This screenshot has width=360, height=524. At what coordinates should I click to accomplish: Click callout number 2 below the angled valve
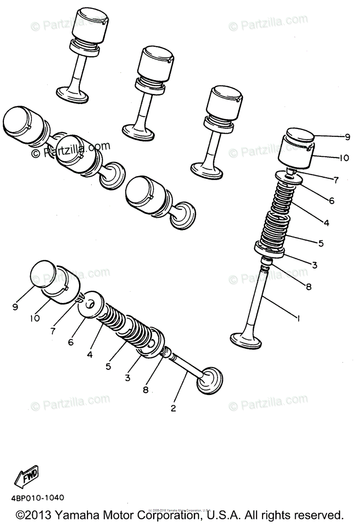(173, 408)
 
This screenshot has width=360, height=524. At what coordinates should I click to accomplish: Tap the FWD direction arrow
(27, 477)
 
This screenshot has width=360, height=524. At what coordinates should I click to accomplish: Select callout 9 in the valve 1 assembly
(347, 137)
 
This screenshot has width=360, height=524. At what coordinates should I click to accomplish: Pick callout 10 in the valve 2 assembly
(35, 318)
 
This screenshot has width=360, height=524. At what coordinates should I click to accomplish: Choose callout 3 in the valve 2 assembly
(128, 378)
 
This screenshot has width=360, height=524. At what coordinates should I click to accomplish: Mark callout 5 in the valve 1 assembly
(321, 243)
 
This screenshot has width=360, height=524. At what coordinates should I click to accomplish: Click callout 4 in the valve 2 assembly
(89, 355)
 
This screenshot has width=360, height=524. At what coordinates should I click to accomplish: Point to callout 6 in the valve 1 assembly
(331, 201)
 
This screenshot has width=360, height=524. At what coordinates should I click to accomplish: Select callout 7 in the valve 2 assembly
(53, 331)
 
